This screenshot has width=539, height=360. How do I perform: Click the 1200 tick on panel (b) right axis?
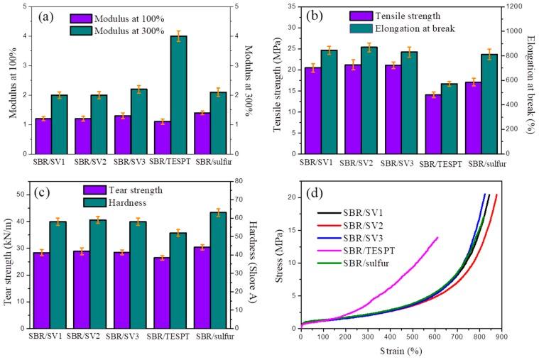click(513, 6)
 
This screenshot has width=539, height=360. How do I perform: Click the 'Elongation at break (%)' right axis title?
click(530, 80)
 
